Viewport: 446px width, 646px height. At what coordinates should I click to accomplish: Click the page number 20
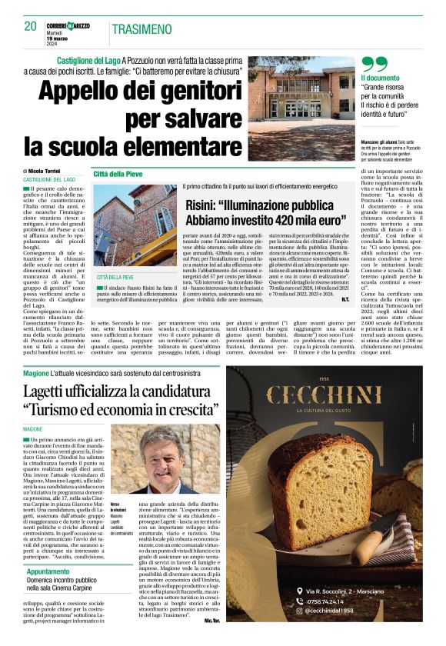point(31,26)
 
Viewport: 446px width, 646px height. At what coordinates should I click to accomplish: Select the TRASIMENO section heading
point(141,29)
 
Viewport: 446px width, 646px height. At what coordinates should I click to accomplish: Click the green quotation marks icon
point(374,65)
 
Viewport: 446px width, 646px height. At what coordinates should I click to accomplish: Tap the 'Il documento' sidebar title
point(380,78)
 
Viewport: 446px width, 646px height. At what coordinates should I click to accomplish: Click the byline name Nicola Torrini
point(52,171)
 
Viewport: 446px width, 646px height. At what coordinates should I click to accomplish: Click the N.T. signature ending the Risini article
point(345,298)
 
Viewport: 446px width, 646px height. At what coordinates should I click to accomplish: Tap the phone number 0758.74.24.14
point(331,602)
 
